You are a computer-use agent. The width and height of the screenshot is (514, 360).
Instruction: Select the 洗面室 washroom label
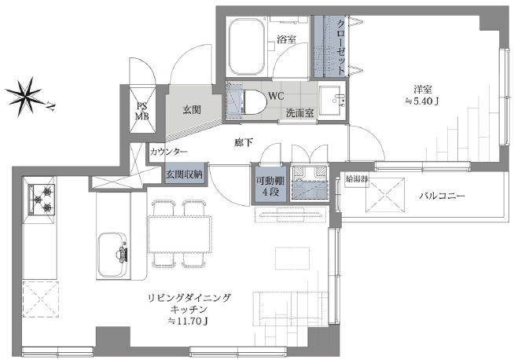[299, 113]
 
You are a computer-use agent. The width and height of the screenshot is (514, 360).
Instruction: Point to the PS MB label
[143, 111]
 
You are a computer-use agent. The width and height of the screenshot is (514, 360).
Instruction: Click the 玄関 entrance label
[183, 109]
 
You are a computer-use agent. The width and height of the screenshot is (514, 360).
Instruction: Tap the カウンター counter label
[169, 152]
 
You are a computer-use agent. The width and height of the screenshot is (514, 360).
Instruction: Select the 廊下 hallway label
[244, 143]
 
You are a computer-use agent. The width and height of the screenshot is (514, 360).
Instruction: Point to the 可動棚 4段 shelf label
[265, 186]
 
